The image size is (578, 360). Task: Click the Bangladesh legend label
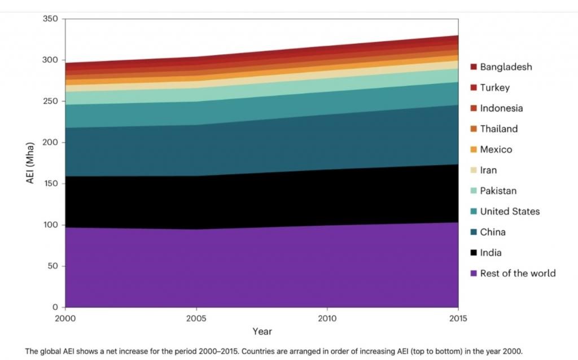506,67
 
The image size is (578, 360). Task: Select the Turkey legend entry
494,87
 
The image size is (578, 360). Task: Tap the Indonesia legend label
501,108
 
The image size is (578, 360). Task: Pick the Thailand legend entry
498,129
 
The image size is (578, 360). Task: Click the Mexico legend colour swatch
474,150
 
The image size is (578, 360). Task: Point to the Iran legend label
488,170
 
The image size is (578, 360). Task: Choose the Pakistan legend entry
498,191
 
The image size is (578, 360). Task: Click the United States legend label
510,212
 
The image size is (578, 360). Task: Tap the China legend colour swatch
474,232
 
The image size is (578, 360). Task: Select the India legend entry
491,253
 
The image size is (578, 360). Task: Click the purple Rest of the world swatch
474,274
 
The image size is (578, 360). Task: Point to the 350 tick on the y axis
51,19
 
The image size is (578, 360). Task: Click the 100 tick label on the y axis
51,225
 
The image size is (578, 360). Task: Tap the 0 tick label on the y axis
55,308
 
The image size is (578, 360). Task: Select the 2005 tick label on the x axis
196,318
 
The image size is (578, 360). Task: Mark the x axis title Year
261,331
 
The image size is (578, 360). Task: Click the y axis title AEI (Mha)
31,164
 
